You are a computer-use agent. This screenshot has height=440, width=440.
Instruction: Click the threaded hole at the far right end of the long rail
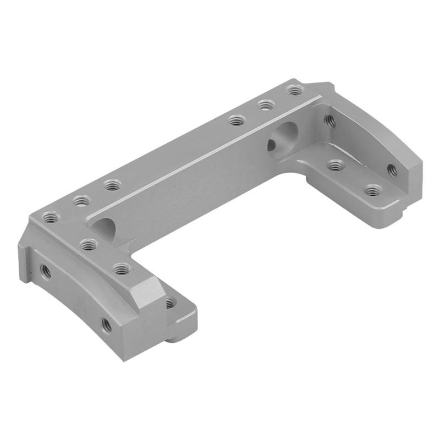tap(295, 89)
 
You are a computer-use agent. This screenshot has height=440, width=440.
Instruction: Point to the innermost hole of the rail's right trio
tap(237, 119)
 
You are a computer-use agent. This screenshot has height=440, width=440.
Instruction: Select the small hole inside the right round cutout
tap(272, 145)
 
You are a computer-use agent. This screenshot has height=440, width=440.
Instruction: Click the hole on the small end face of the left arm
tap(170, 302)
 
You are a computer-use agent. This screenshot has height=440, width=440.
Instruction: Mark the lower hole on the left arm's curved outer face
tap(107, 325)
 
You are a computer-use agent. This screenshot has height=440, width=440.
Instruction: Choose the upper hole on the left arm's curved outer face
tap(45, 269)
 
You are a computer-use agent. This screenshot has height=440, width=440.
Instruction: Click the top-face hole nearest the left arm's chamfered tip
tap(122, 268)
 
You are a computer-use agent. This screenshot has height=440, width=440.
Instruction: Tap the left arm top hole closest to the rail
tap(89, 243)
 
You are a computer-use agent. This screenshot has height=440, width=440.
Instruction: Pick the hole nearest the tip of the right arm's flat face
tap(373, 190)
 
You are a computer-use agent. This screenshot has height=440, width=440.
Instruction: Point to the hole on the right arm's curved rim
tap(392, 169)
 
